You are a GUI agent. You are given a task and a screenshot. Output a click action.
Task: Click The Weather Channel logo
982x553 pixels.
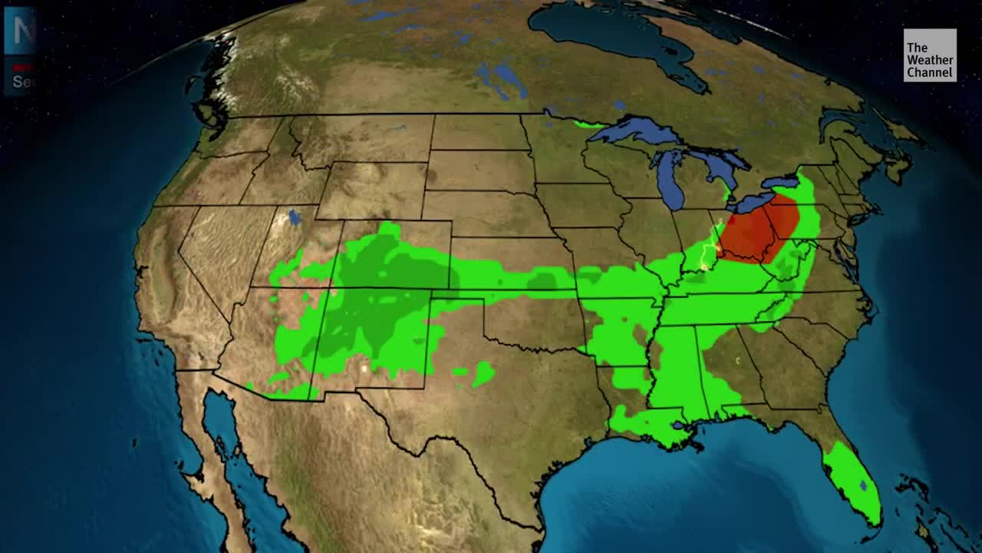coord(929,55)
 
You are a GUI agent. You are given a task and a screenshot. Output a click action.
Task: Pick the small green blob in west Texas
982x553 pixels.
coord(483,373)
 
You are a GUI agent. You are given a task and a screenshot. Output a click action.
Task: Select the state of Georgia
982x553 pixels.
coord(736,361)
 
